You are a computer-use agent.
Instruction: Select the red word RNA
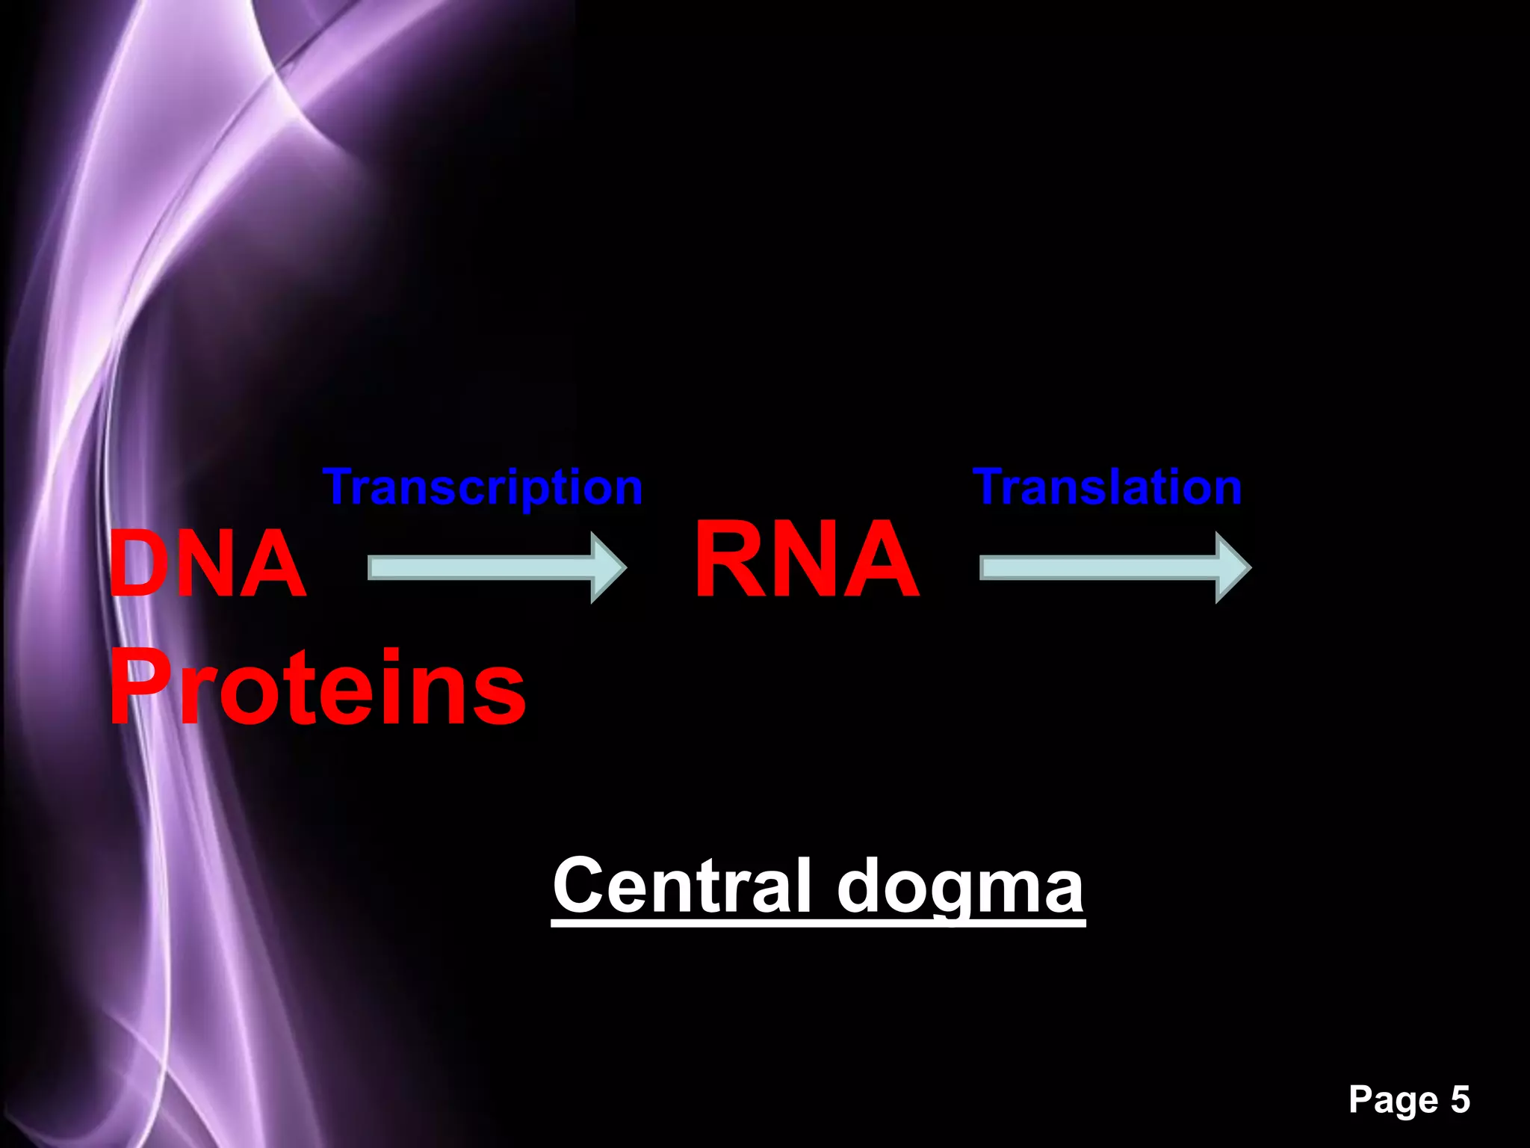coord(807,559)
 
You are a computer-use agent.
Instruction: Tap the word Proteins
coord(318,687)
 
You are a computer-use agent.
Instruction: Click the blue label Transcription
coord(483,487)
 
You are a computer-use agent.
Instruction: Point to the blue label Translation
coord(1107,487)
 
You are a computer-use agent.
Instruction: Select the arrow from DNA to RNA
coord(496,568)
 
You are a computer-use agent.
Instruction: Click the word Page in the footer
coord(1393,1099)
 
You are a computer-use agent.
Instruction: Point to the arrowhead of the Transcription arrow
coord(607,568)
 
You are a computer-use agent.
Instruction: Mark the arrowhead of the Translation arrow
coord(1232,568)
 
